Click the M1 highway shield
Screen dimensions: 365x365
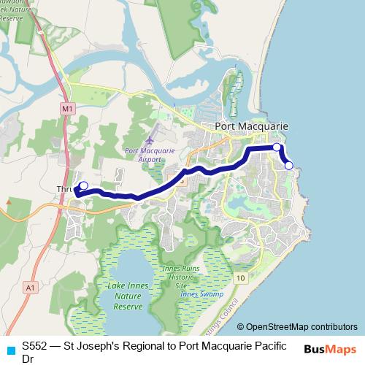tap(66, 108)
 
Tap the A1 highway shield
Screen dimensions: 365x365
tap(31, 288)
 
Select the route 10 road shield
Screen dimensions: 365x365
tap(241, 278)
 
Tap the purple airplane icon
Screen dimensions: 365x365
tap(150, 139)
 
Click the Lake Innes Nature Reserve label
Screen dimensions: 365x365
tap(129, 297)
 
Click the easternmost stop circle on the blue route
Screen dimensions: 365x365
tap(289, 166)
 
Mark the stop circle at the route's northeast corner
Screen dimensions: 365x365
tap(277, 147)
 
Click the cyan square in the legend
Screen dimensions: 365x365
tap(10, 349)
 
